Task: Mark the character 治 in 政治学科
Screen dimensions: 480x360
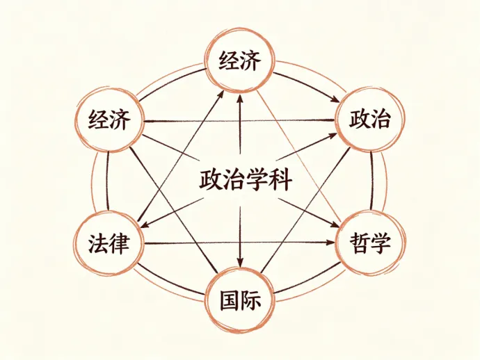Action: click(234, 180)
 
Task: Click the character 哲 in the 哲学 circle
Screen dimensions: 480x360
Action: click(360, 243)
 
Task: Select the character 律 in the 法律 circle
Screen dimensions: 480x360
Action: click(119, 244)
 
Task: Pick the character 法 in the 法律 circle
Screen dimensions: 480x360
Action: click(98, 244)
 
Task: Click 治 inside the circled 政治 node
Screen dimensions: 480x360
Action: click(381, 120)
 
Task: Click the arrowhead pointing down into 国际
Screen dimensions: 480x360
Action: click(240, 262)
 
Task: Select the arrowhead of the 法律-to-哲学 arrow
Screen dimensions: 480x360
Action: click(331, 243)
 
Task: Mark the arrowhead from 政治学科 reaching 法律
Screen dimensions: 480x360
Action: click(146, 224)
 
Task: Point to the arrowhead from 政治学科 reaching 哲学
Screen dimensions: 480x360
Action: click(334, 224)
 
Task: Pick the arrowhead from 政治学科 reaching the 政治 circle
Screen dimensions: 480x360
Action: click(333, 136)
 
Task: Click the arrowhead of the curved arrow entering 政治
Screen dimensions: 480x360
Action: click(335, 99)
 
